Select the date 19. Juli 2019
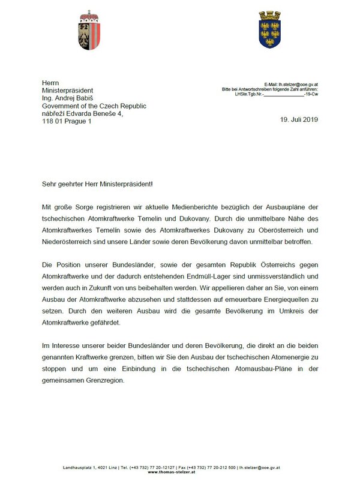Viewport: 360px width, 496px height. coord(298,119)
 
